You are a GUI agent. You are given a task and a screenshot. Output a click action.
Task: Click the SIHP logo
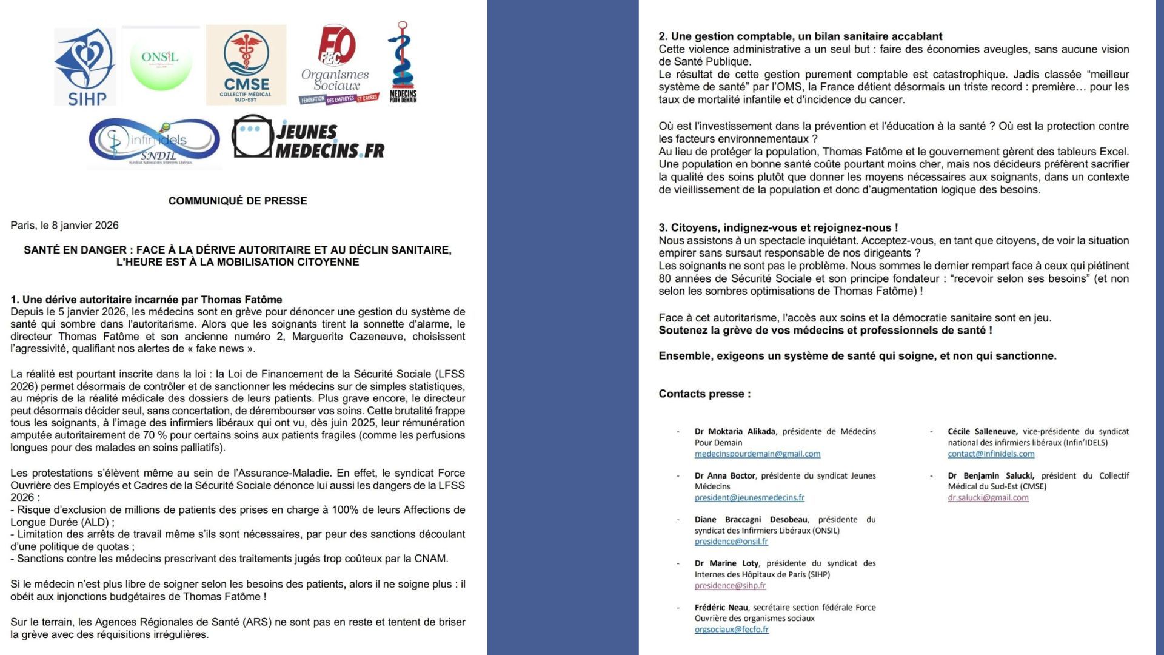point(85,67)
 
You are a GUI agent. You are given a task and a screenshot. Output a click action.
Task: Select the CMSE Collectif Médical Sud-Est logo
point(246,65)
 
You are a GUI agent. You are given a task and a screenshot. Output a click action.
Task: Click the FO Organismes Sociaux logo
point(337,65)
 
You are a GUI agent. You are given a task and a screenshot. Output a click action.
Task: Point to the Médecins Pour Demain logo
point(403,62)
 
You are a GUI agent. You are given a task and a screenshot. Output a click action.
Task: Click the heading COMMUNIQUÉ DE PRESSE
point(238,201)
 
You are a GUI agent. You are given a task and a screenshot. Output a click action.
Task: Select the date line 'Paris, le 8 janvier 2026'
point(64,226)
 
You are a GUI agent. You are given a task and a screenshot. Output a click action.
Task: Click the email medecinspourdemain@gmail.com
point(757,454)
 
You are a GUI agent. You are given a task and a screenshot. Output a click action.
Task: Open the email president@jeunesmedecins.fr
point(749,498)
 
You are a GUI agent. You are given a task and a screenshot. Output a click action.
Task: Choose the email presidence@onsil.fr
point(731,542)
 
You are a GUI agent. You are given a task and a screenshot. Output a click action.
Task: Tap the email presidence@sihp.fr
point(730,586)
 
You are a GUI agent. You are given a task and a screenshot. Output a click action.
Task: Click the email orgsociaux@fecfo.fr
point(731,630)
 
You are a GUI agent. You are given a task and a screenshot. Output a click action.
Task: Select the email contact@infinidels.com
point(991,454)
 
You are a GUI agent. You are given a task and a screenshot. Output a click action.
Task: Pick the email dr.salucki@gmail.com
point(988,498)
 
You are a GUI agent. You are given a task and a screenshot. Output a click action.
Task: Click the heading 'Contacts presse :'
point(704,394)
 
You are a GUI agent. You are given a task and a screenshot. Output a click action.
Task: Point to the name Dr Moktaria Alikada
point(735,432)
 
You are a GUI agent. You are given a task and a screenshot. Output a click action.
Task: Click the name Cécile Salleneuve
point(982,432)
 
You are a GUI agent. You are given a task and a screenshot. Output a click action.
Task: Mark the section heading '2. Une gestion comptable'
point(800,36)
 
